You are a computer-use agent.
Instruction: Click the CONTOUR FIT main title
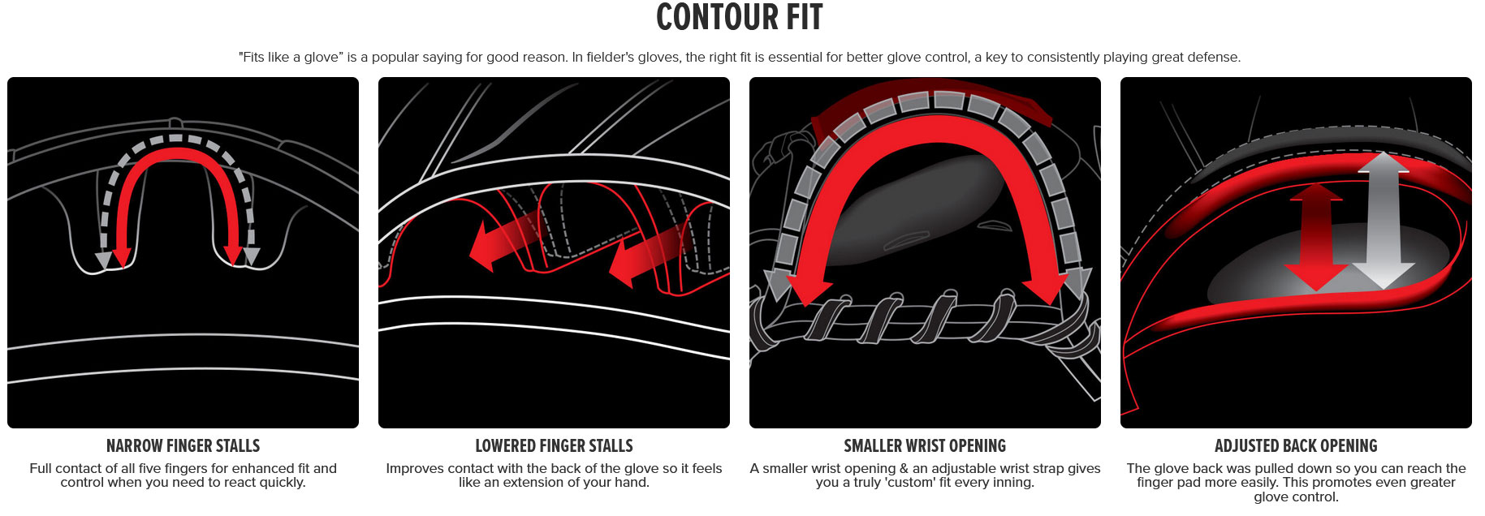(739, 18)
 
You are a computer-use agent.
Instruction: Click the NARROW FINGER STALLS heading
(183, 445)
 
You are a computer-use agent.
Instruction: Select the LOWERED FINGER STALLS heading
(554, 445)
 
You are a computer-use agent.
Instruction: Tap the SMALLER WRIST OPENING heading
(925, 445)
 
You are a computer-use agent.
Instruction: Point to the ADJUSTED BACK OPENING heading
(1296, 445)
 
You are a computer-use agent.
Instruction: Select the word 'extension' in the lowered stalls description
(541, 483)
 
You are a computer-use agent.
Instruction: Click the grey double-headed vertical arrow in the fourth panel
(1383, 219)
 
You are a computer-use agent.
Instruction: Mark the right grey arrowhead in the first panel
(252, 256)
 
